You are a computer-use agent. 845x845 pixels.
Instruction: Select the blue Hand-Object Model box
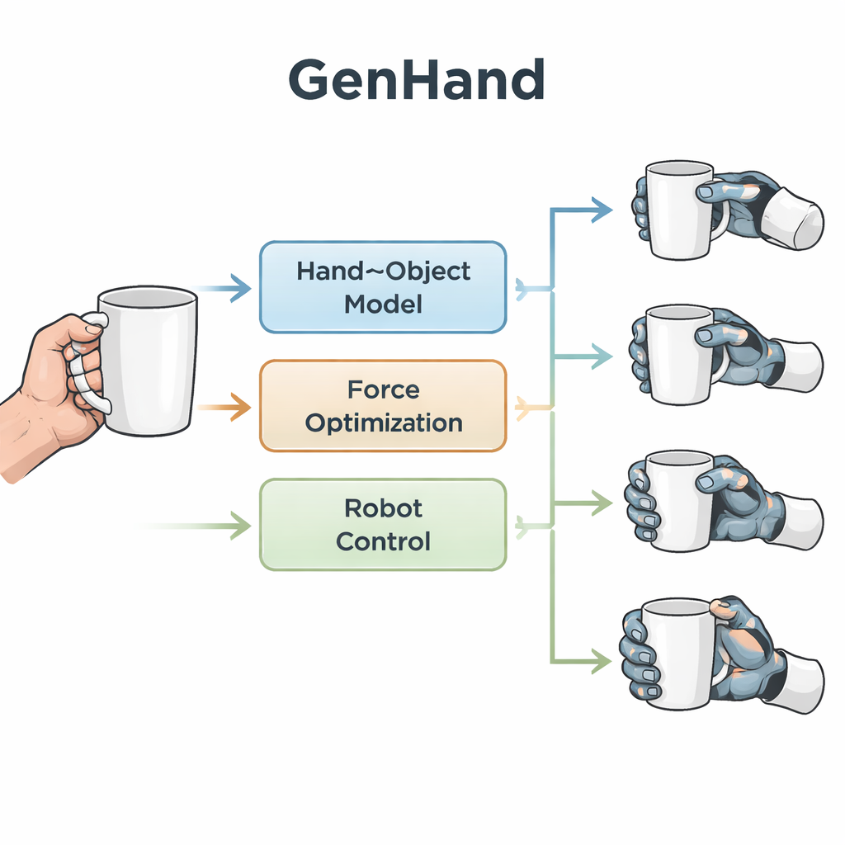click(383, 286)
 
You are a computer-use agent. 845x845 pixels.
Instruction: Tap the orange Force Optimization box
click(383, 406)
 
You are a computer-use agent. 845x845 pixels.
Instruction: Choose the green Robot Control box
click(383, 525)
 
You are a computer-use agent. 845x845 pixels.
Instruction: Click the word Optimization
click(383, 423)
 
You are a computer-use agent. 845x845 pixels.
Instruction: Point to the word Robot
click(383, 507)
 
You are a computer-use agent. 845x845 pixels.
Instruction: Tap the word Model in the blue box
click(383, 304)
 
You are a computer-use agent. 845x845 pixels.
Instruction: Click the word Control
click(383, 542)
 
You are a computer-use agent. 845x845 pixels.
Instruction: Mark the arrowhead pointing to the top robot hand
click(600, 210)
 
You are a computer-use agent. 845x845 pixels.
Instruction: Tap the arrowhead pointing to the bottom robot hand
click(601, 660)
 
